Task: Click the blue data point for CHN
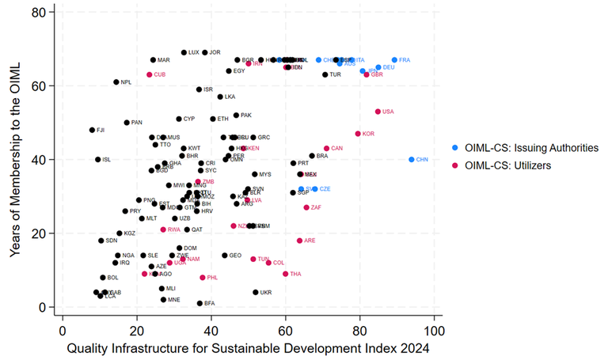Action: point(412,159)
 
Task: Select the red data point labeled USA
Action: point(378,112)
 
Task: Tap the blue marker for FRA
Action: point(394,60)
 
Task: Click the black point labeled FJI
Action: point(92,130)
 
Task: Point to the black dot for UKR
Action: point(256,292)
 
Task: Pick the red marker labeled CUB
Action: point(149,74)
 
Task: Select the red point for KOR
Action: point(358,134)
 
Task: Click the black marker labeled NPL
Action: point(116,82)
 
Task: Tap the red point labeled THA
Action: point(286,274)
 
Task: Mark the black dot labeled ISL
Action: point(98,159)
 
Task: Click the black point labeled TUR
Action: point(325,74)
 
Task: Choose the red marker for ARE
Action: point(299,241)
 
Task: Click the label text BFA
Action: point(210,303)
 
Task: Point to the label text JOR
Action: point(215,53)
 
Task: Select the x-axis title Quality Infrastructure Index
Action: point(249,347)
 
